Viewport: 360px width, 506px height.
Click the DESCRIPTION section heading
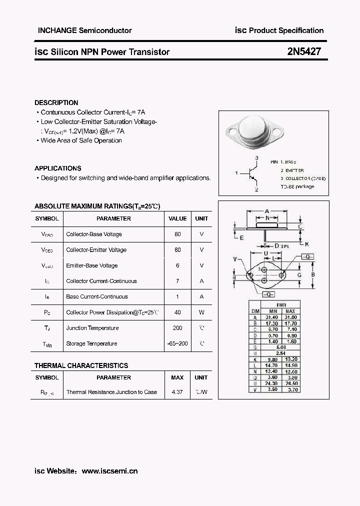(x=56, y=102)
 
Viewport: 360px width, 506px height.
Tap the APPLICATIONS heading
(x=58, y=168)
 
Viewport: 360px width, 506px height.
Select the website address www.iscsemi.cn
(x=109, y=470)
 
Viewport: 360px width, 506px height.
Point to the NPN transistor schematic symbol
(x=251, y=173)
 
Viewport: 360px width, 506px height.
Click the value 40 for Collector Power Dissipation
(x=177, y=312)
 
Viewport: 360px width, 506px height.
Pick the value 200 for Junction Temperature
(x=177, y=328)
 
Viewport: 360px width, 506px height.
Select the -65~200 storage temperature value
(x=177, y=343)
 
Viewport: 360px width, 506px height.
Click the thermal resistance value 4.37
(x=177, y=392)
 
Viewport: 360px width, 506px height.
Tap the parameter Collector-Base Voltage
(x=94, y=234)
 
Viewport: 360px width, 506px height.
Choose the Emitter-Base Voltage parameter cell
(x=92, y=265)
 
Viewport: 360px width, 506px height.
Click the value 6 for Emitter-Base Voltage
(x=177, y=265)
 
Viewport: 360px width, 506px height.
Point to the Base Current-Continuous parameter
(x=97, y=296)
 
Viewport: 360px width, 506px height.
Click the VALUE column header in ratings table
(x=177, y=218)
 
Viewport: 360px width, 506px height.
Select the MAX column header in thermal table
(x=177, y=377)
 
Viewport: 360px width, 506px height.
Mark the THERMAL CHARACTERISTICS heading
(x=81, y=365)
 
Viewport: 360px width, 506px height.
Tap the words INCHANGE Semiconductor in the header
(x=85, y=30)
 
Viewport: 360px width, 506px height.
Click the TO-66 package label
(x=297, y=186)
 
